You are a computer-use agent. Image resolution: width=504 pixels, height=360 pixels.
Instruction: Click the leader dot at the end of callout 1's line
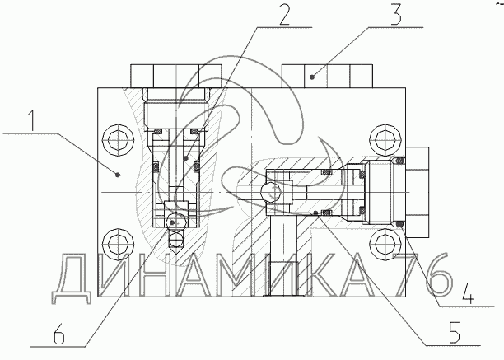(119, 174)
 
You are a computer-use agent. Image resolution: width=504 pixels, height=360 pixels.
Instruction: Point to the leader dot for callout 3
(312, 77)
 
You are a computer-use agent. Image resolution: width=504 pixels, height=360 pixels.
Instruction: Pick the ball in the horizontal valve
(268, 192)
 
